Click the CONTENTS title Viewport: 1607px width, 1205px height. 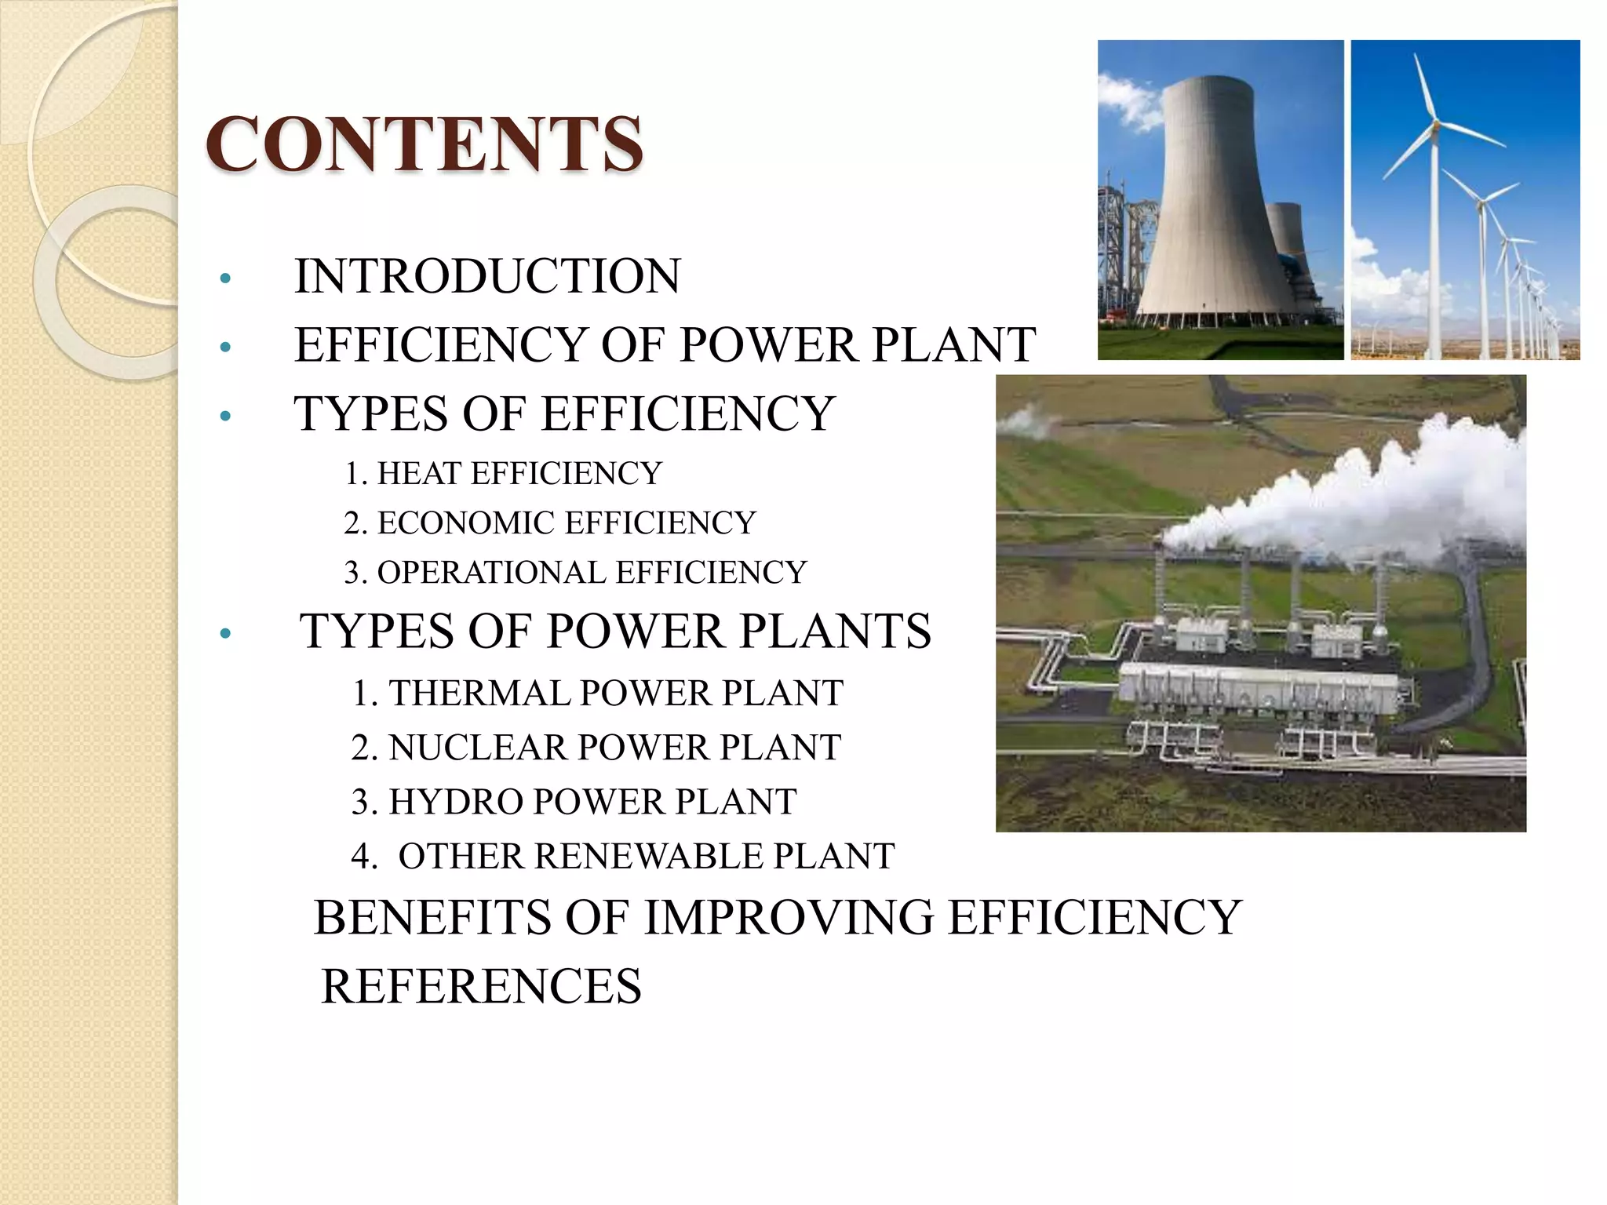424,144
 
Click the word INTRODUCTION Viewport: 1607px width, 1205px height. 487,276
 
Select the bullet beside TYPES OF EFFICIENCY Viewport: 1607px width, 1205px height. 225,416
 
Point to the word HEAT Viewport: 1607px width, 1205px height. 419,473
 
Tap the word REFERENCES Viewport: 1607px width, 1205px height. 481,986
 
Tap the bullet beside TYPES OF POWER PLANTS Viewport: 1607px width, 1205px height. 225,633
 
